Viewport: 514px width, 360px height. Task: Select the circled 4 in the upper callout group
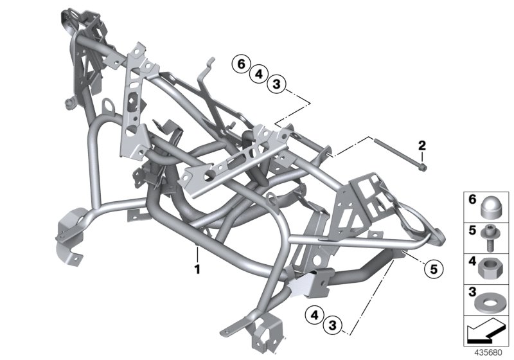click(258, 74)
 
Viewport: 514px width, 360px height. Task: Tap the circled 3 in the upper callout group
click(276, 84)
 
